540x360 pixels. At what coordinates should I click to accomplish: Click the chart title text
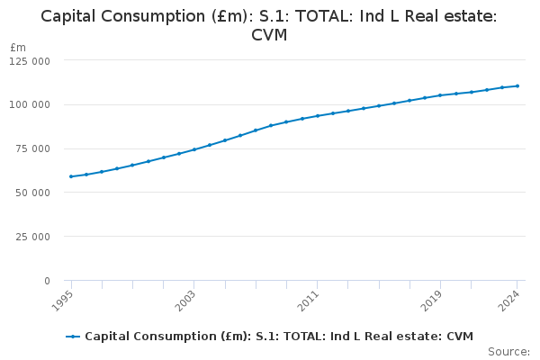click(x=269, y=25)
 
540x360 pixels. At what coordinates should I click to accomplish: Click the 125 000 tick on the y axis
click(x=31, y=60)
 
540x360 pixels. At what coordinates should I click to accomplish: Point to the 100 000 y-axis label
click(x=31, y=104)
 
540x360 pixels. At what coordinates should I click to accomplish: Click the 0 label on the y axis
click(x=47, y=281)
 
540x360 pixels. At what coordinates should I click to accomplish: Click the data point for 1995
click(x=70, y=176)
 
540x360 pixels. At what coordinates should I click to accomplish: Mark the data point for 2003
click(x=193, y=149)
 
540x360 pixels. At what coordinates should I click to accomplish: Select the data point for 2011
click(x=317, y=116)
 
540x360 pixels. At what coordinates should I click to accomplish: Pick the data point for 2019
click(x=440, y=95)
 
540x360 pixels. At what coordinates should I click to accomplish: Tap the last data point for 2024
click(x=517, y=85)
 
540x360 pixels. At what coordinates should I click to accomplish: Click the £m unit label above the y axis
click(x=18, y=47)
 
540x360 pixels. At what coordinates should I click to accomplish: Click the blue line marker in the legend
click(x=73, y=337)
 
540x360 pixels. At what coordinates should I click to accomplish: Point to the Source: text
click(x=508, y=351)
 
